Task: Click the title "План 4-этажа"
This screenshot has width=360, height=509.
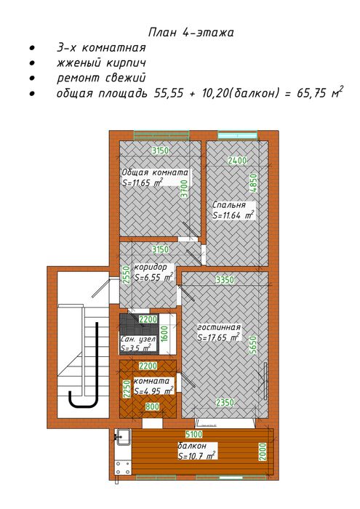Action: [x=191, y=33]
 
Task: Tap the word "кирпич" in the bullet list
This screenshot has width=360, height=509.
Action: [x=125, y=63]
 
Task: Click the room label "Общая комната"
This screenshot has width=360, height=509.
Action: [x=155, y=172]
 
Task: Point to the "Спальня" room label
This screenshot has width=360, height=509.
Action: [x=229, y=205]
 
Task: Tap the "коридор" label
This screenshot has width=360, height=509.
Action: [x=151, y=267]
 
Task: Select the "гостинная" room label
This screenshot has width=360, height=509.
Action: [x=219, y=327]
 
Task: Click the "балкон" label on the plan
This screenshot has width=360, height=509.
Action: [x=192, y=446]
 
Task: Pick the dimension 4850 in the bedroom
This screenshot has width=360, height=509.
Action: [x=253, y=183]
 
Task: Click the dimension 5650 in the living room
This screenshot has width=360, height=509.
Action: [x=253, y=345]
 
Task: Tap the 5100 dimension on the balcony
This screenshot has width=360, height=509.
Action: [x=193, y=434]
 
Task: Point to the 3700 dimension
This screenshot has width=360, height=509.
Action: [x=184, y=188]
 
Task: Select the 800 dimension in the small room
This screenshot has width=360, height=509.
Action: [x=152, y=406]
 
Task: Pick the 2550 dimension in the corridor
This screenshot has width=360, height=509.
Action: [x=127, y=276]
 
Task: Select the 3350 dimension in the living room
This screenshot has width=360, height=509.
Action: [x=225, y=279]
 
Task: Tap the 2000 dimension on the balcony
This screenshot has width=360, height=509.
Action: [x=263, y=452]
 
